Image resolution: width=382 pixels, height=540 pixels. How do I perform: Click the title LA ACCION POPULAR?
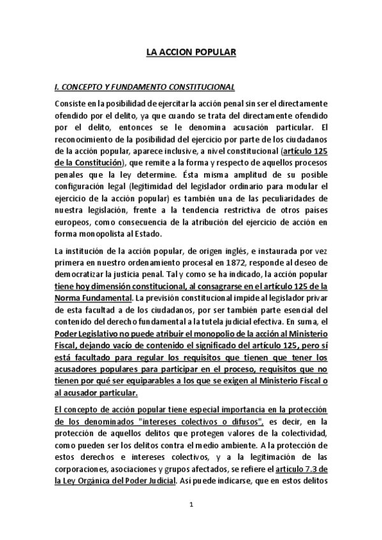[191, 55]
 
